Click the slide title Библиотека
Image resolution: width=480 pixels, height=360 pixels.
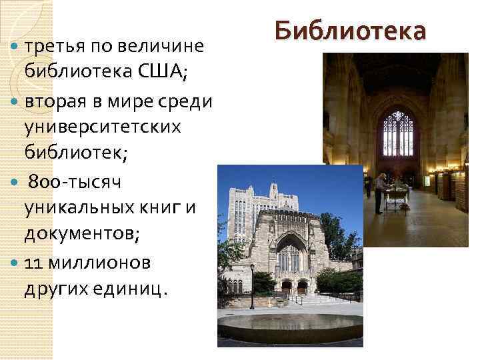(x=349, y=31)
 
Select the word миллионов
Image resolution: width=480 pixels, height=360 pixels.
(x=97, y=263)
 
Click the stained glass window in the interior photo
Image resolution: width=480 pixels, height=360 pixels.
(x=397, y=133)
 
